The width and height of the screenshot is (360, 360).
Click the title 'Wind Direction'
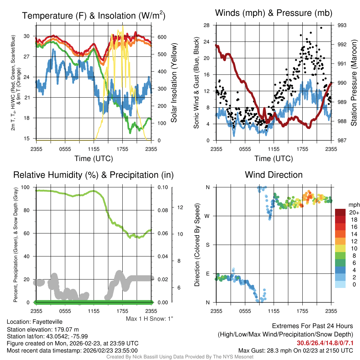click(274, 175)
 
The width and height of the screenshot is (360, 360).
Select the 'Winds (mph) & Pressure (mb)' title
click(274, 13)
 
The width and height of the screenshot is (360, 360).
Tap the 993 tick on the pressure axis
click(342, 25)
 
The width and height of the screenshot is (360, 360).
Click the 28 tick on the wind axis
click(207, 25)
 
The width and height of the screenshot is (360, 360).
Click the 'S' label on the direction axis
click(207, 245)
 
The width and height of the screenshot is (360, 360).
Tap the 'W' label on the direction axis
click(207, 216)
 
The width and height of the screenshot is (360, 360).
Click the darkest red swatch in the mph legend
click(341, 213)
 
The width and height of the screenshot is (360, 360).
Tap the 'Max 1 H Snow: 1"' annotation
click(150, 319)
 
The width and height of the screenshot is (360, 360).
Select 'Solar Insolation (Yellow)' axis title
click(174, 83)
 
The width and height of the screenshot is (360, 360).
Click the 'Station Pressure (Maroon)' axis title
click(354, 83)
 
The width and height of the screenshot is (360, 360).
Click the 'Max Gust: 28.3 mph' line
click(295, 350)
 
